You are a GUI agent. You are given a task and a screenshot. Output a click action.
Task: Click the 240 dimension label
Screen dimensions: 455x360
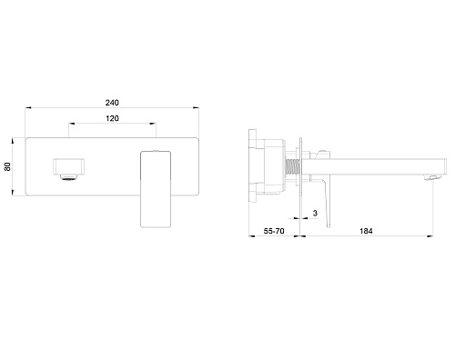112,103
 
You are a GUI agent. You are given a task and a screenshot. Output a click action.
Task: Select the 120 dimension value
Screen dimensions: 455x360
112,118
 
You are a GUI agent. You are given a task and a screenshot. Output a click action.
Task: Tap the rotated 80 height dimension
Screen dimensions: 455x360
7,166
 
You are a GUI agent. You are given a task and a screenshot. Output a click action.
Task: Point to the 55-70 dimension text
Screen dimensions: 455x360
274,231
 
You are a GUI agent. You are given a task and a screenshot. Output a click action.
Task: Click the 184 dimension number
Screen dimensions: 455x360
366,231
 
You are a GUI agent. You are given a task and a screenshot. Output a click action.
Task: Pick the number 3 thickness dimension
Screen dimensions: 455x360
315,214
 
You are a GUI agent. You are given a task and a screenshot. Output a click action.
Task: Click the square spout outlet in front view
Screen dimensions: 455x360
69,166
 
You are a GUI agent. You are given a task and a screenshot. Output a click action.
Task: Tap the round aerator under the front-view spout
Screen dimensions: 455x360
70,177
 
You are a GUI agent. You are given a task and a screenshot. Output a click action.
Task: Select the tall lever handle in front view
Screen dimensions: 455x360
156,189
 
